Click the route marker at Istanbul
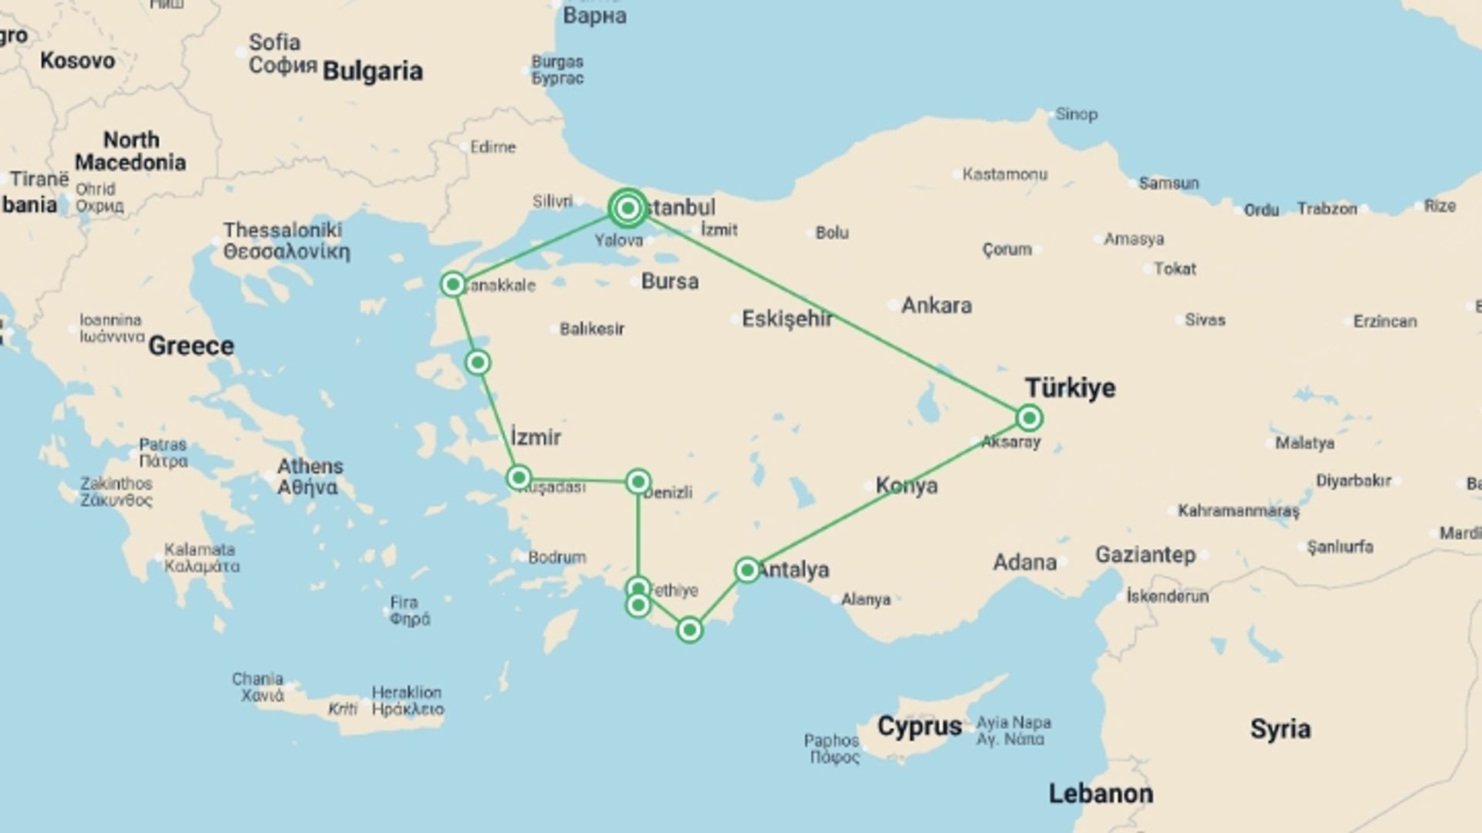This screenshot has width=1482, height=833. click(628, 208)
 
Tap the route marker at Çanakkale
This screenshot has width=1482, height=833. click(453, 285)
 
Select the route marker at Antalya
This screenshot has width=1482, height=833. click(747, 570)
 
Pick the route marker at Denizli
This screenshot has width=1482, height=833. click(638, 481)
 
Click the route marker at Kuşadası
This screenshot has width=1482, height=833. click(519, 477)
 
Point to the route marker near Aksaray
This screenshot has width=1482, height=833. click(1029, 418)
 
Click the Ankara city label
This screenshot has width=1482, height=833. click(936, 305)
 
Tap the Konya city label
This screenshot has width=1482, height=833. click(907, 486)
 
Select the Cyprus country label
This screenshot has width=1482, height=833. click(919, 727)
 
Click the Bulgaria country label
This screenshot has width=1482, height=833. click(372, 71)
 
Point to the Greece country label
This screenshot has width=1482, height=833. click(191, 346)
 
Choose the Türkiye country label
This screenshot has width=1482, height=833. click(1070, 387)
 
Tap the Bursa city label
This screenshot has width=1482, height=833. click(670, 282)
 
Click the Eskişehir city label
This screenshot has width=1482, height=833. click(787, 319)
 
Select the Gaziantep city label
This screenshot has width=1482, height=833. click(1145, 555)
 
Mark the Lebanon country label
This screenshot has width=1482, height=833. click(1101, 794)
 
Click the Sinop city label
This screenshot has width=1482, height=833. click(1076, 114)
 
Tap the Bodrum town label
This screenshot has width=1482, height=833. click(557, 557)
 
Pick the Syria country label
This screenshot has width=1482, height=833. click(1280, 729)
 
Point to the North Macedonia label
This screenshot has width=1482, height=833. click(130, 151)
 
